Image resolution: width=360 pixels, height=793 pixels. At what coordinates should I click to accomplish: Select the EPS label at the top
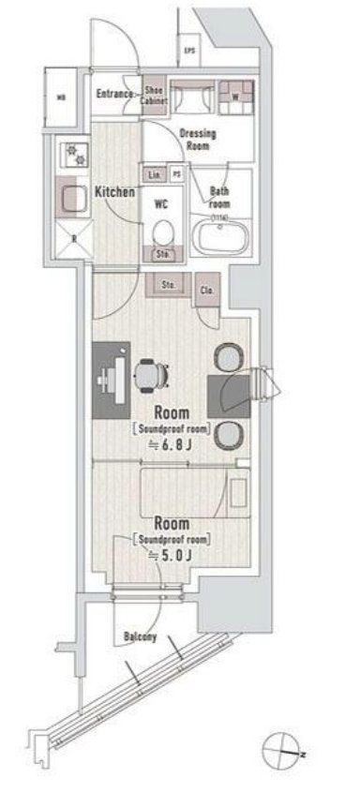[x=189, y=51]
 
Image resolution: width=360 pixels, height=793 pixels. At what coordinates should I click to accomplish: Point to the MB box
[x=62, y=97]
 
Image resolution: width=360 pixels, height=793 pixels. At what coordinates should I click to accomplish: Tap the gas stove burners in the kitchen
[x=72, y=151]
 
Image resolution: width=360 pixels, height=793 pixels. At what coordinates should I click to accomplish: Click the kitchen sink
[x=73, y=197]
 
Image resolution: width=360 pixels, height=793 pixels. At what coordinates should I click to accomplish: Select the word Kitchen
[x=115, y=192]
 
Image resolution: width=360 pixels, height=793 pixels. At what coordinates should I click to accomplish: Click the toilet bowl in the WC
[x=164, y=229]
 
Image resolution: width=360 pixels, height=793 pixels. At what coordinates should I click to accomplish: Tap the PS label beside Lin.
[x=176, y=173]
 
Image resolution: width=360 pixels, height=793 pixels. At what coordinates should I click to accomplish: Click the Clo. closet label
[x=206, y=290]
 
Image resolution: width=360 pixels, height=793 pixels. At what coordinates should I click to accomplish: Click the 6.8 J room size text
[x=172, y=444]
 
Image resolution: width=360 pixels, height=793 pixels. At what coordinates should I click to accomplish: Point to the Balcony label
[x=139, y=638]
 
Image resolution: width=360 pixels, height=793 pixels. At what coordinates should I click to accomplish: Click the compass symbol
[x=283, y=751]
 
